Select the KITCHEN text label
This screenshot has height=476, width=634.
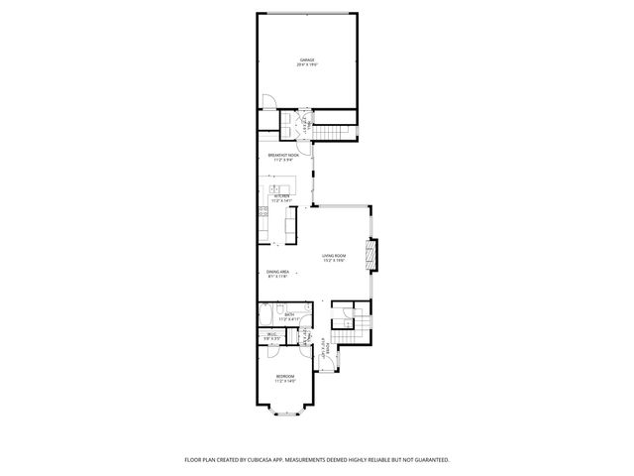point(281,198)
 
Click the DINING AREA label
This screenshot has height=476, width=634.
point(277,274)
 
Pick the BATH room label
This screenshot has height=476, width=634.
point(287,316)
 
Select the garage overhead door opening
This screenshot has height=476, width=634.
point(307,13)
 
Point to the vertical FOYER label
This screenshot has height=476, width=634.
point(324,350)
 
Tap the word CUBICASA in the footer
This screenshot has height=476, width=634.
point(274,459)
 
